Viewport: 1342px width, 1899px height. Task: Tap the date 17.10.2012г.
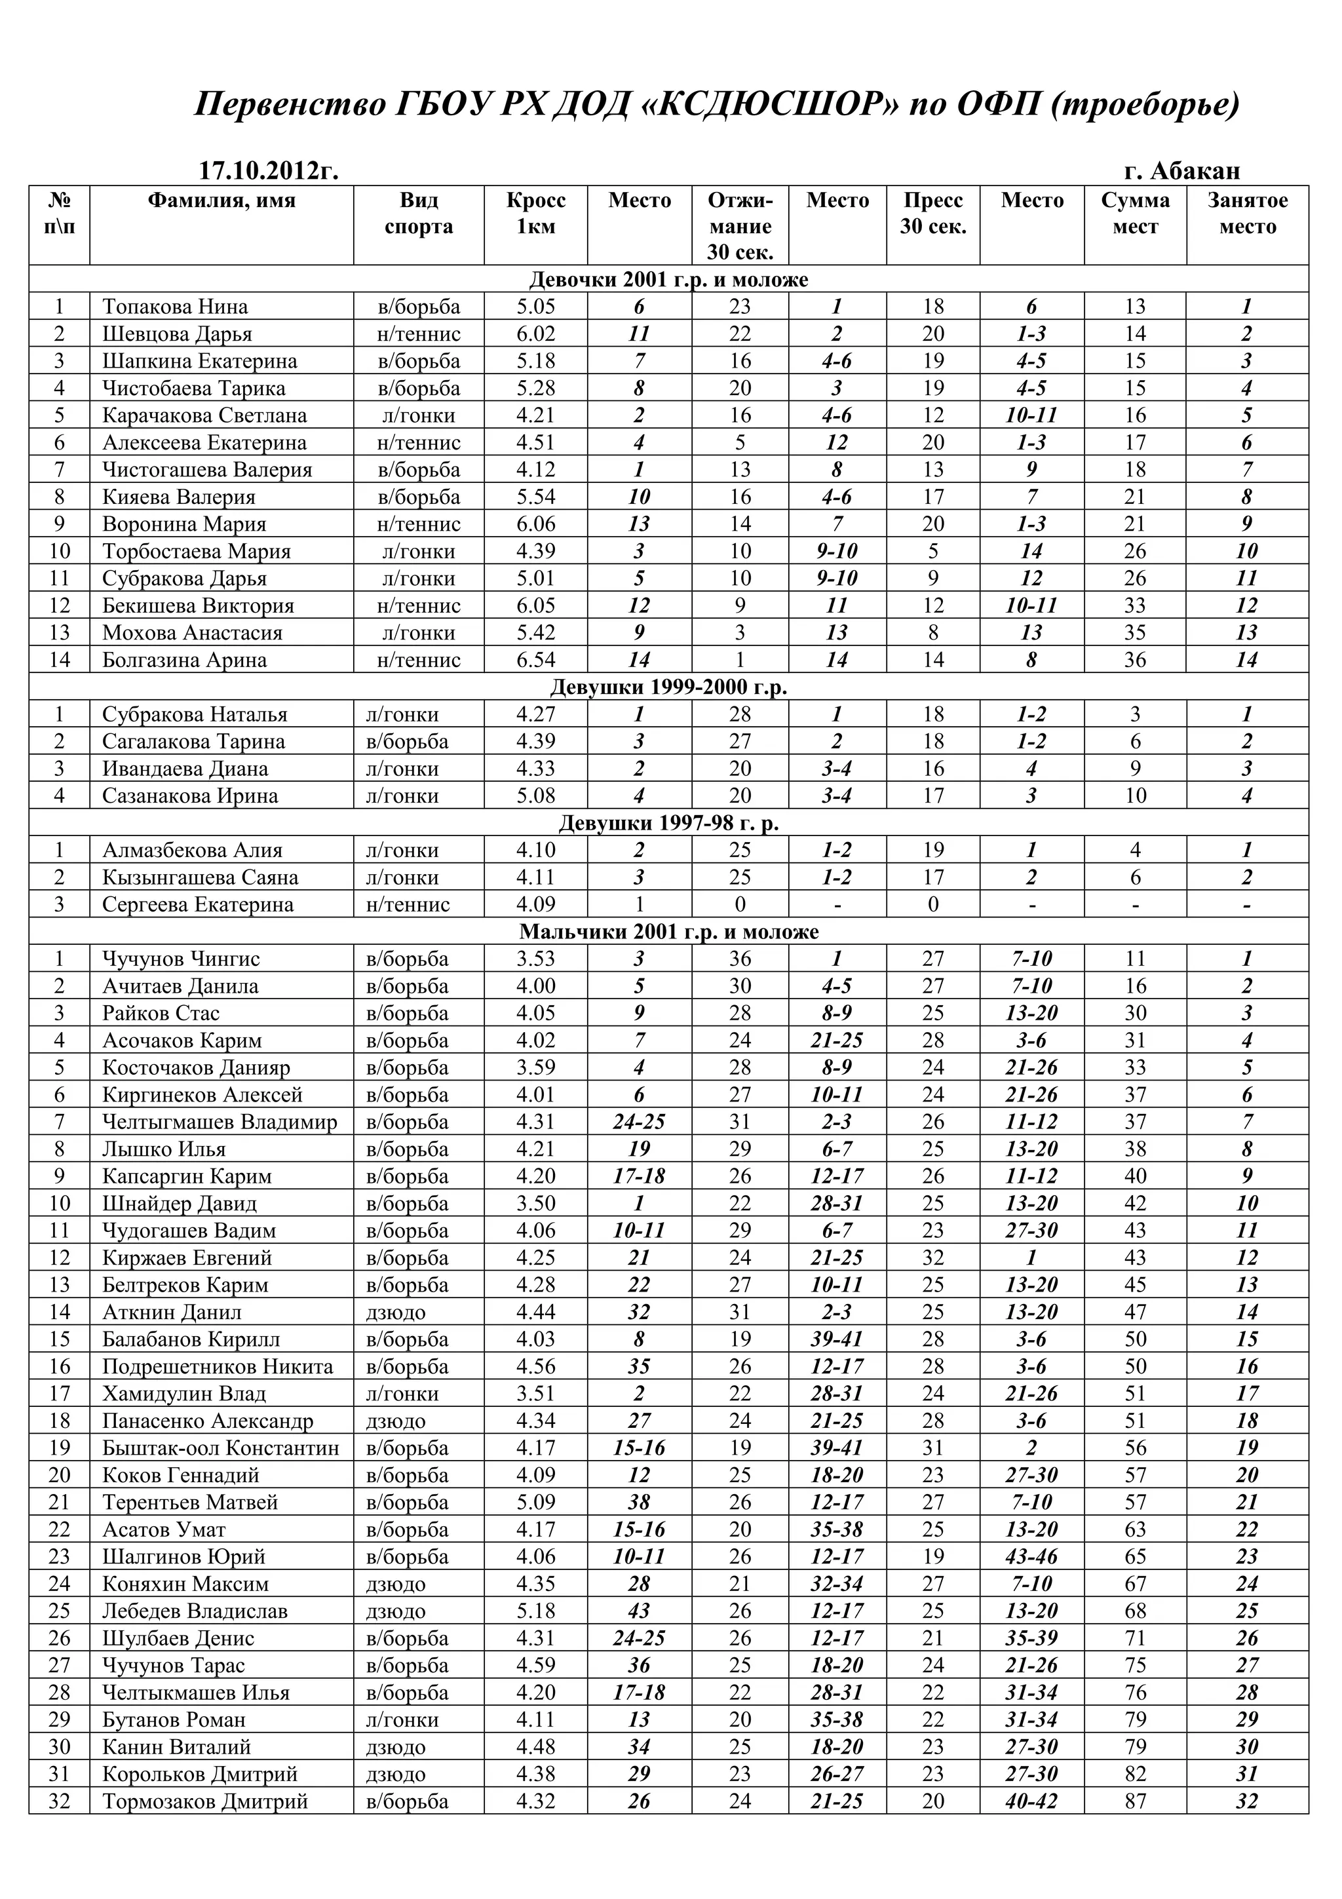(x=269, y=171)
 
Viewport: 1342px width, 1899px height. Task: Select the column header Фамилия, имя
(x=221, y=201)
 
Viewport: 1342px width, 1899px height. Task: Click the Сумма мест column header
(x=1136, y=214)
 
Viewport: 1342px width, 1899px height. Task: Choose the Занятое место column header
(x=1247, y=214)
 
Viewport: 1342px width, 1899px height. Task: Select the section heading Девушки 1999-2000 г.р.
(x=668, y=687)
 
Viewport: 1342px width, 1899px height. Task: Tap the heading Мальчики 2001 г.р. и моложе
(x=668, y=932)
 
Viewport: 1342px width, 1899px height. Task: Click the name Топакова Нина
(x=176, y=307)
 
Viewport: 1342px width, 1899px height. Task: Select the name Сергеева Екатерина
(x=198, y=905)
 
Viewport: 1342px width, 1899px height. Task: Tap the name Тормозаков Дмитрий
(x=205, y=1801)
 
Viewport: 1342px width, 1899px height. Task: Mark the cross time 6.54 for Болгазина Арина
(x=536, y=660)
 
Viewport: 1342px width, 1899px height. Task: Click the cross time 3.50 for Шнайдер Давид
(x=536, y=1203)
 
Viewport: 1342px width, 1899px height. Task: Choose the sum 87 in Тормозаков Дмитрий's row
(x=1136, y=1801)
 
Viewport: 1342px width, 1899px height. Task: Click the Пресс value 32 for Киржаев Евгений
(x=932, y=1258)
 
